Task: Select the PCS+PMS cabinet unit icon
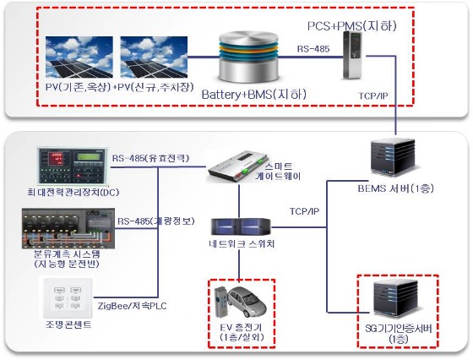tap(355, 59)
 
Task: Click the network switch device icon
tap(243, 226)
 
